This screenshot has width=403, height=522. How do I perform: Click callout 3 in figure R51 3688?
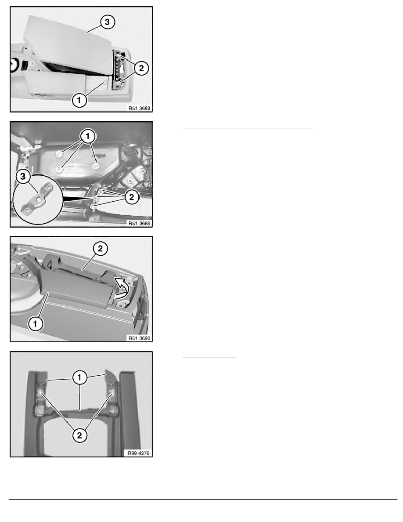tap(107, 22)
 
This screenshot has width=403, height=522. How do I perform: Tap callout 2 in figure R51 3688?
tap(141, 68)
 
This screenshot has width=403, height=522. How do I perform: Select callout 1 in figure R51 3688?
tap(79, 100)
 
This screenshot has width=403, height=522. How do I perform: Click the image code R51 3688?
tap(139, 108)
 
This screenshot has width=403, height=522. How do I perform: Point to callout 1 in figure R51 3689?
tap(88, 136)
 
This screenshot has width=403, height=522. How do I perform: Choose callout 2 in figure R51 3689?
tap(132, 197)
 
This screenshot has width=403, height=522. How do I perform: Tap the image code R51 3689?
tap(139, 223)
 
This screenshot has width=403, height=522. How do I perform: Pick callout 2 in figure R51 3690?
tap(101, 248)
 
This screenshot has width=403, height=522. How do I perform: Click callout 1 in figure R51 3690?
tap(36, 323)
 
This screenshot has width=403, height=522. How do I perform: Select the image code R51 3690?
tap(139, 338)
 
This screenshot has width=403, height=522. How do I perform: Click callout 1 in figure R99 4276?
tap(79, 377)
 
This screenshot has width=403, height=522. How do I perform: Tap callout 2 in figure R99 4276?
tap(79, 435)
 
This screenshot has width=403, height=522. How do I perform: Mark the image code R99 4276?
tap(139, 453)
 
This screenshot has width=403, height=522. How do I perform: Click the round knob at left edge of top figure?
tap(14, 65)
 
